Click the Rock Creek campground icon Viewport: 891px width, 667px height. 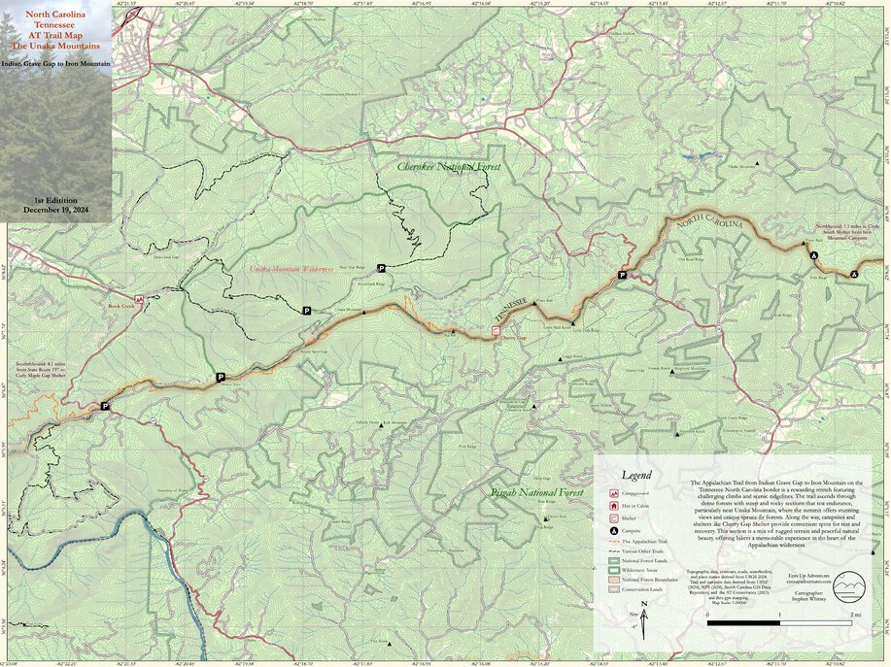coord(139,299)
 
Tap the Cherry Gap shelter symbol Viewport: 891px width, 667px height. coord(496,331)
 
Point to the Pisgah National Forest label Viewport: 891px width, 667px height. coord(537,494)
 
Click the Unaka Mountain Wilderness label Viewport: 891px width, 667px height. coord(291,268)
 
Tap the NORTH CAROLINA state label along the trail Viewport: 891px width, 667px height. coord(710,218)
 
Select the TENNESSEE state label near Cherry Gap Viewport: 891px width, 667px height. coord(511,311)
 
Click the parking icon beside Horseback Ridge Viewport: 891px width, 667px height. coord(381,268)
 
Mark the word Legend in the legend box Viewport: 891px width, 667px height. coord(636,476)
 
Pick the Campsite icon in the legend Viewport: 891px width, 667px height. coord(613,531)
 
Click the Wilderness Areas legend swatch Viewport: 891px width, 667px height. coord(613,570)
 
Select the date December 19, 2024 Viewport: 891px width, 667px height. coord(55,210)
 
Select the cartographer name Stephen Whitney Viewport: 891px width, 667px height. coord(812,600)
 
